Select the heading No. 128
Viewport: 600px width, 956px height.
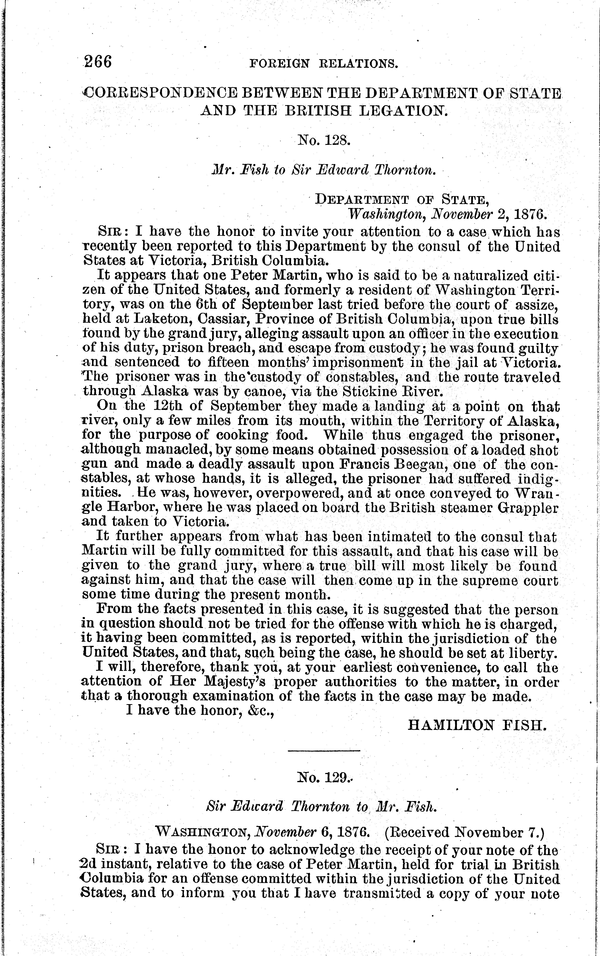tap(323, 140)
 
